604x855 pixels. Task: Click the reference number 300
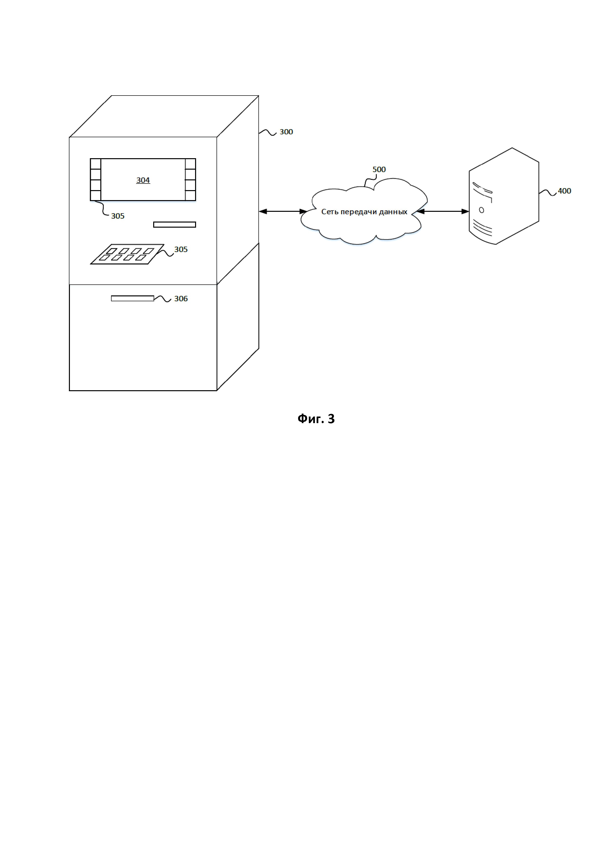(286, 132)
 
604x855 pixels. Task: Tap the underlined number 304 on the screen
(143, 180)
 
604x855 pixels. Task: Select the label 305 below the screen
(118, 216)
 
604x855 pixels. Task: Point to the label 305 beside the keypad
(181, 250)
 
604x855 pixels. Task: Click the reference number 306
(181, 299)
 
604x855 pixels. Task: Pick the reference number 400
(564, 191)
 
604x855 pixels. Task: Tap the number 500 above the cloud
(379, 169)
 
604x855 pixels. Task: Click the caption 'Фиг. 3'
(316, 419)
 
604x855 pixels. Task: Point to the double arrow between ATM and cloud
(283, 212)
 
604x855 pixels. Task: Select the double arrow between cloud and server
(443, 212)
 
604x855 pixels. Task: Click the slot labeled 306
(132, 298)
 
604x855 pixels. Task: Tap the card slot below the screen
(175, 224)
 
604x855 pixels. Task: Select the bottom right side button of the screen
(190, 195)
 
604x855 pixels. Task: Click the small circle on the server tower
(481, 210)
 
